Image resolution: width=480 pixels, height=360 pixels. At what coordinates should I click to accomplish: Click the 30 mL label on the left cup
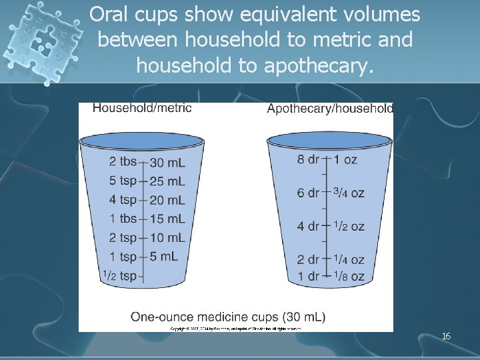pos(168,163)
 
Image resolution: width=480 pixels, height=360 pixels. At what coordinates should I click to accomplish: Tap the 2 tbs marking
pos(123,162)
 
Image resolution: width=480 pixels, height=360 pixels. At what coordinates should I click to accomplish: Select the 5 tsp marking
pos(123,181)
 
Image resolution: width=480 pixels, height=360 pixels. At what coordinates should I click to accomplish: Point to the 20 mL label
pos(168,200)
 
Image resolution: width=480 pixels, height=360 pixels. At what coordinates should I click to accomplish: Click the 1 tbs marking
pos(123,219)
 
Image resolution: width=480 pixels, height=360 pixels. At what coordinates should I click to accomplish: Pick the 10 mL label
pos(168,238)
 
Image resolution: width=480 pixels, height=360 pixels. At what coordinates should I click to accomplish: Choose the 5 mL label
pos(165,257)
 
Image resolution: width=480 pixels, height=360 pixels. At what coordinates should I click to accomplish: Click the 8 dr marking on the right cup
pos(308,159)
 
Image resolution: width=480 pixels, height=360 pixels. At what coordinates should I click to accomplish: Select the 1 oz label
pos(346,159)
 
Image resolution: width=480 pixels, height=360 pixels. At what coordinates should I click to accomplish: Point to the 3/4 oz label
pos(349,193)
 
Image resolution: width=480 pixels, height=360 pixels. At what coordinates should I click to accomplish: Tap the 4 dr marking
pos(308,227)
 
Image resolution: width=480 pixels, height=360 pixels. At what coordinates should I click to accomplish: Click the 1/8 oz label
pos(349,276)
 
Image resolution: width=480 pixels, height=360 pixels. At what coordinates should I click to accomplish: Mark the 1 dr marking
pos(308,276)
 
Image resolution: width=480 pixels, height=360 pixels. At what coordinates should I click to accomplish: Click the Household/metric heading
pos(142,108)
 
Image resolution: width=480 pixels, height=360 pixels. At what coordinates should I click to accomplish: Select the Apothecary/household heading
pos(330,109)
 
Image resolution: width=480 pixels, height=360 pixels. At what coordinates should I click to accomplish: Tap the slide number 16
pos(446,337)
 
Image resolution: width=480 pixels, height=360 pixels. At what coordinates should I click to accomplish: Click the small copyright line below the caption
pos(235,328)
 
